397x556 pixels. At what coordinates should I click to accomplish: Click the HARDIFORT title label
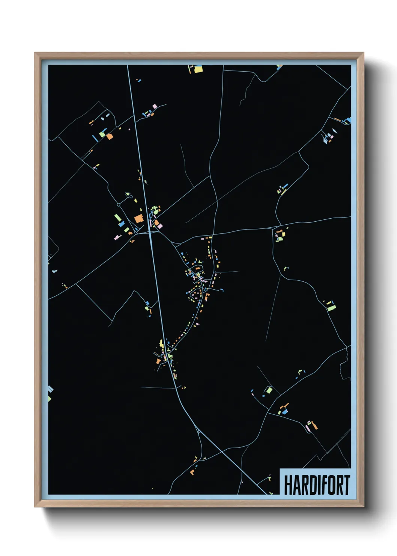(316, 485)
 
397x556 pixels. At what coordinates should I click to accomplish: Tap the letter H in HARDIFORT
(288, 485)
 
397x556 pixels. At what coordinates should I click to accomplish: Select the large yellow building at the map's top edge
(198, 69)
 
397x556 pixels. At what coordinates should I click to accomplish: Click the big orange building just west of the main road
(139, 219)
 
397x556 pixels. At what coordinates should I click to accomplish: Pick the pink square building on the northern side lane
(155, 107)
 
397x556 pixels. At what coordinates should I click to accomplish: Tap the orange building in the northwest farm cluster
(109, 136)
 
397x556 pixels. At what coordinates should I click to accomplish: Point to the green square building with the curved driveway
(269, 390)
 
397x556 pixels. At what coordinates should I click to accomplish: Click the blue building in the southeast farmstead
(285, 412)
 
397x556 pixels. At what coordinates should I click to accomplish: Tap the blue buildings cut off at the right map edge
(349, 120)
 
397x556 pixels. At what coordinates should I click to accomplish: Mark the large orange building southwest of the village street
(158, 361)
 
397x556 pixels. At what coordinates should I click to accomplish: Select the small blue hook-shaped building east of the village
(222, 290)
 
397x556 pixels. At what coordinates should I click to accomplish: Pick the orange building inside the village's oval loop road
(196, 269)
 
